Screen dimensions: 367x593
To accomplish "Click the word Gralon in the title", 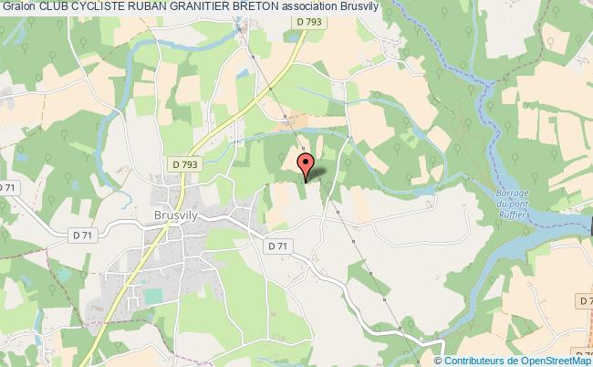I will point(18,7).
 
